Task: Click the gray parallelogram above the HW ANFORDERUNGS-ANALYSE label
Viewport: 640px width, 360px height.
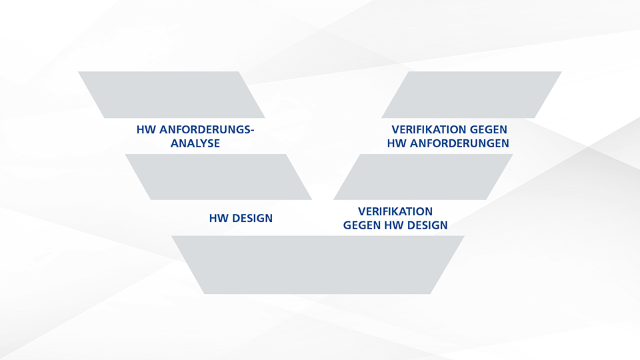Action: point(171,95)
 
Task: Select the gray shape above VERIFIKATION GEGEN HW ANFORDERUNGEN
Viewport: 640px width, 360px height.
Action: point(471,95)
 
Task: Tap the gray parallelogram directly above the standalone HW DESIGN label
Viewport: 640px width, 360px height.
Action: point(219,177)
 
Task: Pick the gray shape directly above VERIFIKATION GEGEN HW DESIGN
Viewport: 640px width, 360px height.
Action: point(423,177)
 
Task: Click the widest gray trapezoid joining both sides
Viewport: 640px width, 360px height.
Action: point(317,265)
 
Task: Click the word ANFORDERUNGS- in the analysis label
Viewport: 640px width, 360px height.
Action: point(207,130)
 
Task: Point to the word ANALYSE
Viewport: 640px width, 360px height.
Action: point(195,143)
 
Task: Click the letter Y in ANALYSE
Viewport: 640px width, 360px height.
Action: point(200,143)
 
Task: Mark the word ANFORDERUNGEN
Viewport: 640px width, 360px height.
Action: point(459,143)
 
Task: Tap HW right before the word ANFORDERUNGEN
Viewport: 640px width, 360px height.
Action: point(397,143)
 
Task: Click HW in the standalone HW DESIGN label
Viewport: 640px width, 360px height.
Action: point(219,219)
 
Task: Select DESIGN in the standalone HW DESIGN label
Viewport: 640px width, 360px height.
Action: point(252,219)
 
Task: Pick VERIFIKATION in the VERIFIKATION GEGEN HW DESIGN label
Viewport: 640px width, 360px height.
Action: point(395,211)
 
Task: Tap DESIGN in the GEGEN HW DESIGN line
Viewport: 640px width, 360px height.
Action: point(427,225)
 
